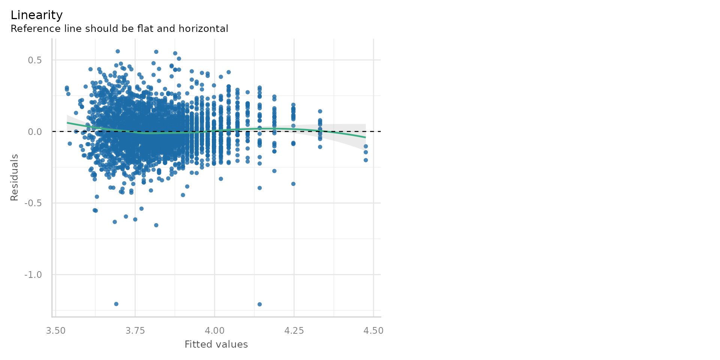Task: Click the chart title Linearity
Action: pyautogui.click(x=36, y=15)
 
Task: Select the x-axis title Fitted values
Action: pyautogui.click(x=216, y=345)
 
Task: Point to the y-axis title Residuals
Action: pyautogui.click(x=14, y=177)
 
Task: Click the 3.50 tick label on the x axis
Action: pyautogui.click(x=55, y=331)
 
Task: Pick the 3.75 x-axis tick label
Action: pyautogui.click(x=135, y=331)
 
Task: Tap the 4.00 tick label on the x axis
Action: pyautogui.click(x=214, y=331)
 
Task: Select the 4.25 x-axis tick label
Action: pyautogui.click(x=294, y=331)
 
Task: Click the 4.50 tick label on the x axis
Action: pyautogui.click(x=373, y=331)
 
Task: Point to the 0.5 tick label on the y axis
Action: pyautogui.click(x=34, y=60)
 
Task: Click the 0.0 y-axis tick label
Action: pyautogui.click(x=34, y=132)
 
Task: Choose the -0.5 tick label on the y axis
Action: pyautogui.click(x=33, y=203)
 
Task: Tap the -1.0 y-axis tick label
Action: pyautogui.click(x=33, y=275)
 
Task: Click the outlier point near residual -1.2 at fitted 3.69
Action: pyautogui.click(x=116, y=304)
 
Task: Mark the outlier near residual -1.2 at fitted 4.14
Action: pyautogui.click(x=259, y=304)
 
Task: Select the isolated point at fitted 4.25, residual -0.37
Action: pyautogui.click(x=293, y=184)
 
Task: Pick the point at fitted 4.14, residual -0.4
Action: pyautogui.click(x=259, y=188)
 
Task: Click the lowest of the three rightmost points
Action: pyautogui.click(x=366, y=160)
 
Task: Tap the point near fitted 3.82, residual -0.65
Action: pyautogui.click(x=156, y=225)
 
